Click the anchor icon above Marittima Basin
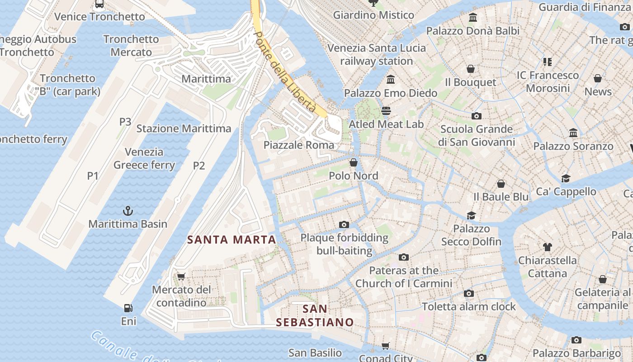tap(128, 210)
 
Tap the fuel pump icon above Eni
tap(128, 308)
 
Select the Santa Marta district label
tap(231, 240)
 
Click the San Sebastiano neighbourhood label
tap(315, 315)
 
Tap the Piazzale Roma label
tap(299, 145)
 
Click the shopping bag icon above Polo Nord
tap(354, 162)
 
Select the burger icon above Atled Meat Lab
tap(386, 110)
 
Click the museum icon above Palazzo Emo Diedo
tap(391, 80)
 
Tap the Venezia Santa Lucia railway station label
tap(377, 54)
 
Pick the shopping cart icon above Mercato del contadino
tap(181, 276)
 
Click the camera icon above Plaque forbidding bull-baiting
tap(344, 224)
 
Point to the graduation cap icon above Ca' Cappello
tap(566, 178)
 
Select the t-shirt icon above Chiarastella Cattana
tap(548, 247)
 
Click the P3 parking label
tap(125, 122)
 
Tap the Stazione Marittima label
tap(184, 129)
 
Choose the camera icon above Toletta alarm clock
tap(469, 294)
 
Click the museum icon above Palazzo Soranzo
tap(573, 133)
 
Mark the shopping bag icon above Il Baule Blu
tap(501, 184)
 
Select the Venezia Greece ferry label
tap(144, 158)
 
